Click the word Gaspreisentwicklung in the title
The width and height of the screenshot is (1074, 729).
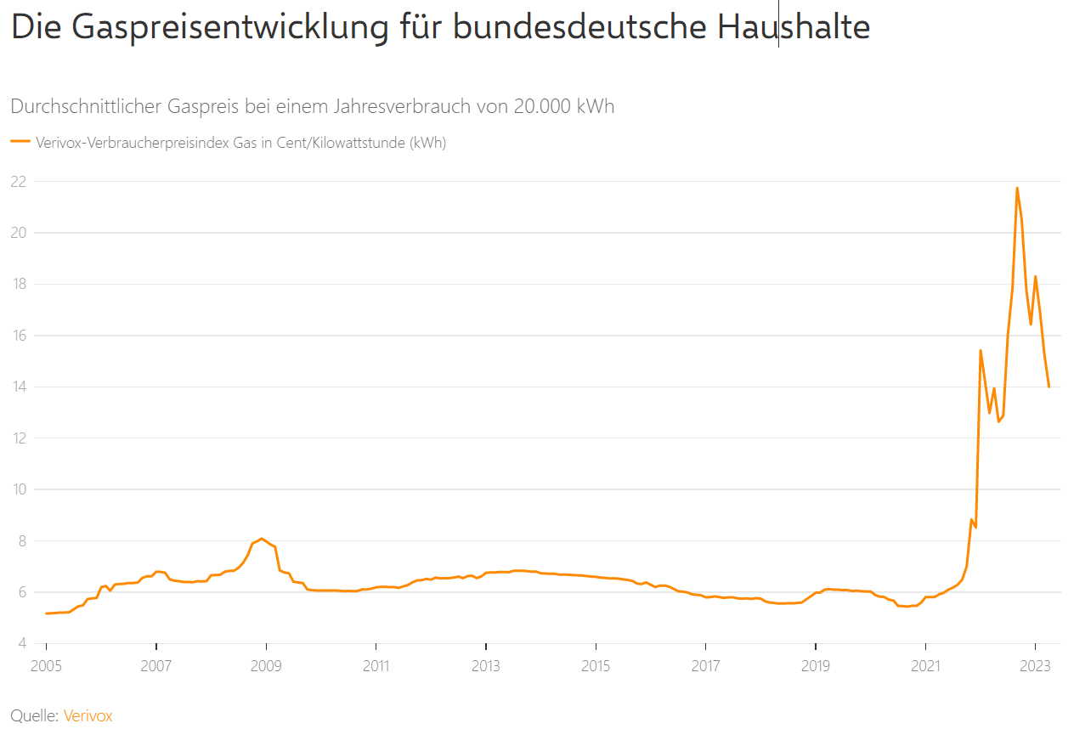click(x=229, y=28)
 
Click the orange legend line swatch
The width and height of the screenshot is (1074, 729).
click(x=20, y=142)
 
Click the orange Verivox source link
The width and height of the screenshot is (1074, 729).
click(x=88, y=715)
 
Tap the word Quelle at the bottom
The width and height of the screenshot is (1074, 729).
click(x=34, y=715)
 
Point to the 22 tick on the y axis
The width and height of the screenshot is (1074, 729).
click(x=18, y=181)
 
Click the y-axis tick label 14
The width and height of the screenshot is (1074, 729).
click(x=18, y=387)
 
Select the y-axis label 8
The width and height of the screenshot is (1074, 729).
click(x=21, y=540)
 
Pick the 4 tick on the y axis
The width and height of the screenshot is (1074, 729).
click(x=21, y=643)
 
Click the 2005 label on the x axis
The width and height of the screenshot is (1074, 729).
click(x=46, y=665)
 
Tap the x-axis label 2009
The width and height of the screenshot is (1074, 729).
click(x=266, y=665)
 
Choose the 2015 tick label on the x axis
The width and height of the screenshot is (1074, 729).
click(x=596, y=665)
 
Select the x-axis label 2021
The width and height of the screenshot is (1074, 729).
click(x=925, y=665)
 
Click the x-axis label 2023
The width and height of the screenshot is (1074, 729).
click(x=1035, y=665)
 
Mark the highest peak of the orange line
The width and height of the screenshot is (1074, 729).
click(x=1016, y=188)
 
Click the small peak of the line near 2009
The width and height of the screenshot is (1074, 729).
click(x=261, y=539)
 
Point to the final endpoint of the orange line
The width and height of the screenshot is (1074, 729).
click(x=1049, y=387)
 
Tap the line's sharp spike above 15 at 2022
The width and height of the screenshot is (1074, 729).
click(x=981, y=350)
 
